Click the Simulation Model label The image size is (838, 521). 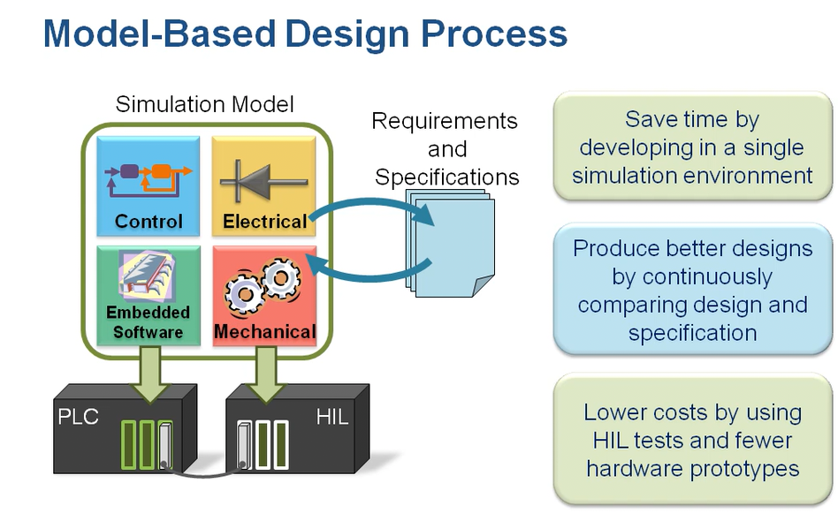(204, 104)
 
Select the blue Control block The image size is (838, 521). (149, 185)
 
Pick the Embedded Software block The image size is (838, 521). (149, 296)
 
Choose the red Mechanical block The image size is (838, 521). (264, 296)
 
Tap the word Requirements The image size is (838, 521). (444, 121)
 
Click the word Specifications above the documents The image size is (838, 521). (446, 177)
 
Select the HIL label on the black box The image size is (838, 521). (332, 417)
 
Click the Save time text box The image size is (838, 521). (692, 147)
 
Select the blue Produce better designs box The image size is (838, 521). (692, 291)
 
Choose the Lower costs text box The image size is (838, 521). (692, 440)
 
